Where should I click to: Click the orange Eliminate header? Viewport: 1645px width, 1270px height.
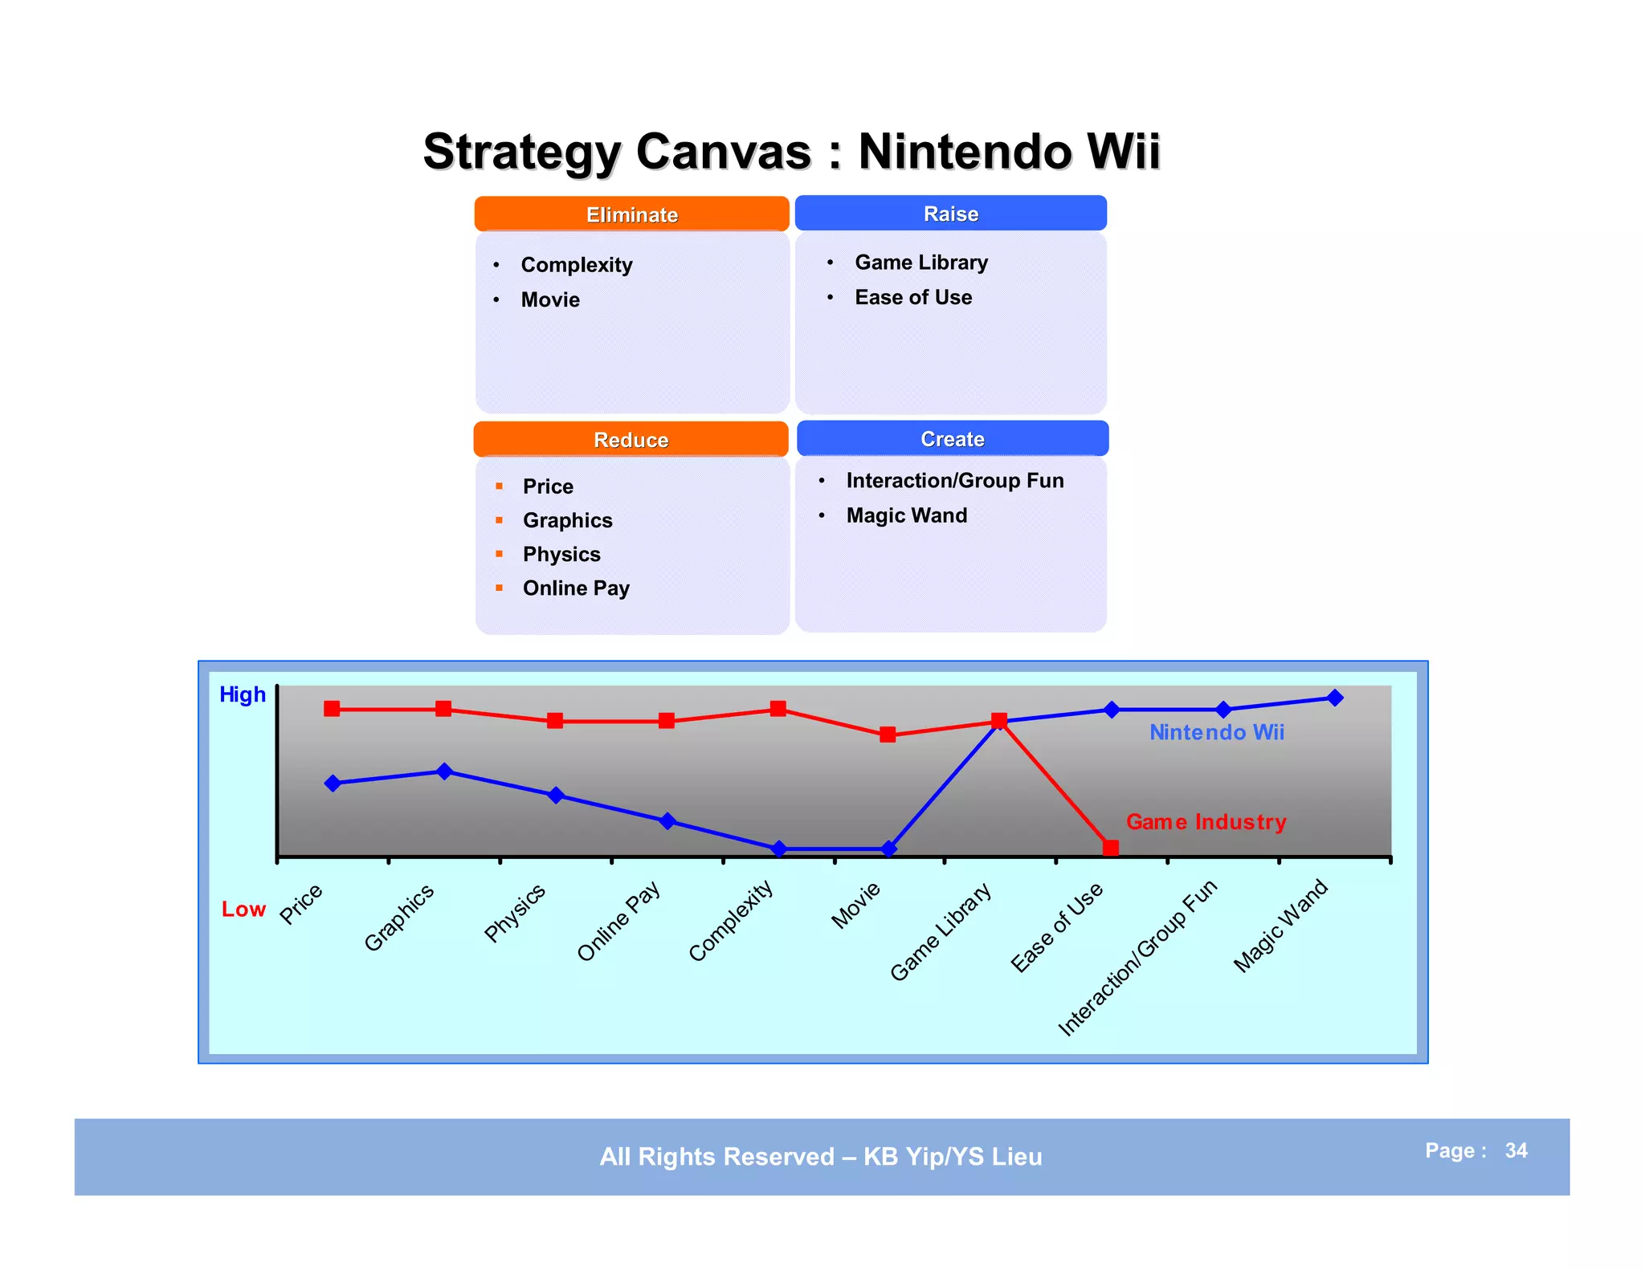click(631, 214)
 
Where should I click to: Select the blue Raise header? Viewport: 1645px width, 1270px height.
click(951, 214)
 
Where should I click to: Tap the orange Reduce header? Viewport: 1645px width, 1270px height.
click(631, 440)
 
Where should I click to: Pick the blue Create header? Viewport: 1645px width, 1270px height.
click(953, 439)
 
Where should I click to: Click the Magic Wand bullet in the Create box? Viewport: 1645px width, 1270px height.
click(906, 515)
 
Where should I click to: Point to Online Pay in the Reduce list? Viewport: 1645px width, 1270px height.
click(576, 588)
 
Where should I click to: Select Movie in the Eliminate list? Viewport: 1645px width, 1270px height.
click(550, 299)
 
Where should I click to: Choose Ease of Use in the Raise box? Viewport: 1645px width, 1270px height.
click(913, 297)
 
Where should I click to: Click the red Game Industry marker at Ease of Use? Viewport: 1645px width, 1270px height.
click(1111, 848)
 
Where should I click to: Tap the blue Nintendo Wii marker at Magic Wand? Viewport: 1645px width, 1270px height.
click(1335, 698)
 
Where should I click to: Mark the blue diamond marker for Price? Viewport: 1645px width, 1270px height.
click(333, 784)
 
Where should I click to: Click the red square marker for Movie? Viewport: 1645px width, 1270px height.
click(888, 735)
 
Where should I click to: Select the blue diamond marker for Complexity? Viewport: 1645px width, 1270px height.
click(778, 849)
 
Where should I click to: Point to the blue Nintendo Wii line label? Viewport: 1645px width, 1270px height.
click(1216, 732)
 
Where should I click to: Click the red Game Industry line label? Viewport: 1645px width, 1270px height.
click(1206, 822)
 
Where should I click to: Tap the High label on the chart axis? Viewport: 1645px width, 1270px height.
click(242, 694)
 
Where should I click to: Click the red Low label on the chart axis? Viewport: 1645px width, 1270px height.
click(243, 910)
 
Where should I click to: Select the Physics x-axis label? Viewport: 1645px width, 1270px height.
click(515, 913)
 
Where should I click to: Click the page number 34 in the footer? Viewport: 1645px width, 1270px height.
click(1516, 1150)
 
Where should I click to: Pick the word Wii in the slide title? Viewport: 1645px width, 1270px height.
click(1123, 151)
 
